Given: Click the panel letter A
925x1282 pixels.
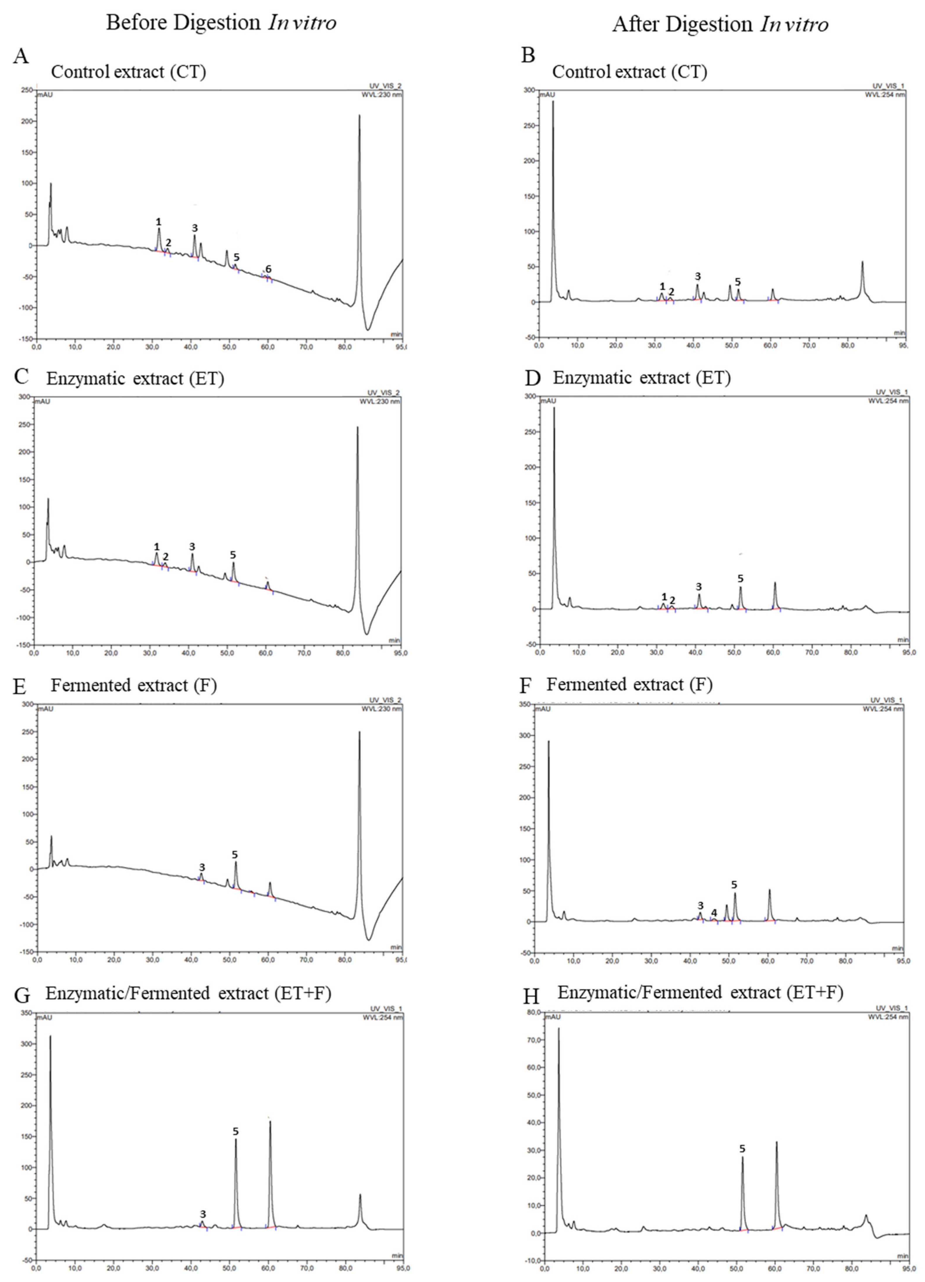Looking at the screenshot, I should click(20, 56).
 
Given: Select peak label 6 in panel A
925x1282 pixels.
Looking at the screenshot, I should click(268, 269).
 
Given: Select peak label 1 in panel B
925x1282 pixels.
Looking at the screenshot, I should click(662, 287).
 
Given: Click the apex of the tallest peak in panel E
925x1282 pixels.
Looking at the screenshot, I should click(359, 732).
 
